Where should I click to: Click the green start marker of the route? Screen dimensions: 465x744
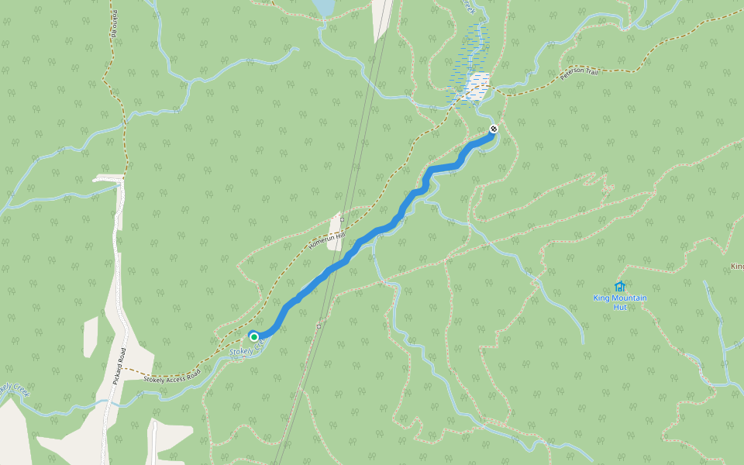253,336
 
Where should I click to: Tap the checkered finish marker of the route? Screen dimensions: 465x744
493,129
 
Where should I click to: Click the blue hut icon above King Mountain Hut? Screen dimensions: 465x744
619,286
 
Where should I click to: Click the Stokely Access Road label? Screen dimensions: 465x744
172,375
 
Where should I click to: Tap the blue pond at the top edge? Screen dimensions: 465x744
323,7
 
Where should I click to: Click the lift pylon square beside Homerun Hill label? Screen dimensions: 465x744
342,219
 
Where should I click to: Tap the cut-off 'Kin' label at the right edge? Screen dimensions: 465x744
737,267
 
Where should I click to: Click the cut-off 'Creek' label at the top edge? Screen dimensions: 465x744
468,5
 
